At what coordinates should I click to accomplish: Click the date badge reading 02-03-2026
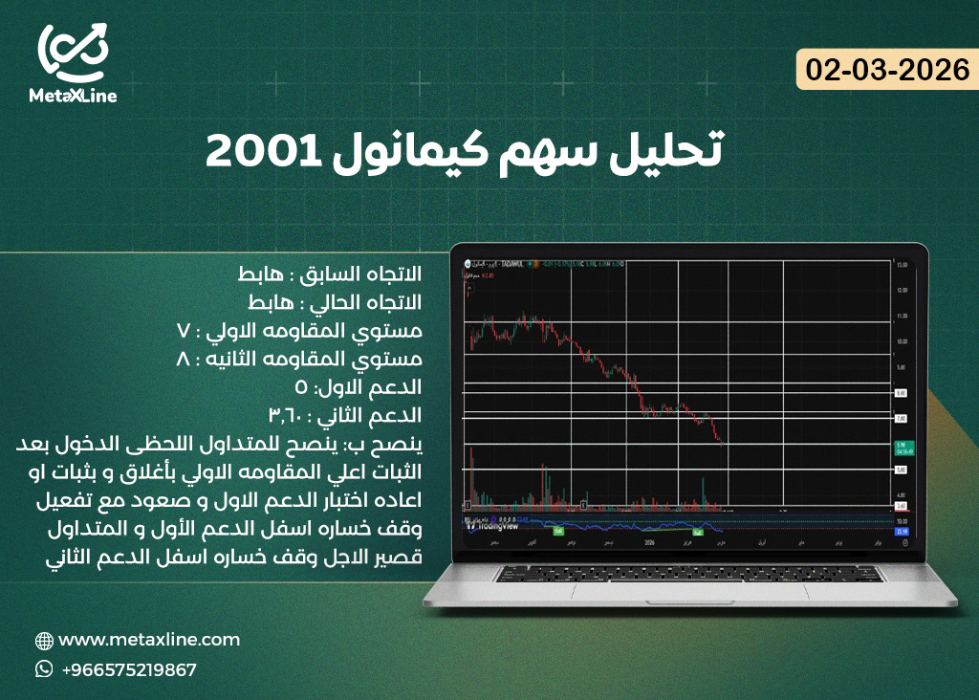click(x=888, y=70)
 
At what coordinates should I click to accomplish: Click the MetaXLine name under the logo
click(x=73, y=96)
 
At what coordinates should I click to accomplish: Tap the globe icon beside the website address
click(x=44, y=641)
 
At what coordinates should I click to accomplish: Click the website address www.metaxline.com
click(x=149, y=640)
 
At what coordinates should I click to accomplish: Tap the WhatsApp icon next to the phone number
click(x=44, y=669)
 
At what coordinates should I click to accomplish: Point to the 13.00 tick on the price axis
click(x=900, y=265)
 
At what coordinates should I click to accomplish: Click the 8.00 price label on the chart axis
click(x=900, y=393)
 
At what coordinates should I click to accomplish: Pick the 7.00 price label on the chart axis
click(x=900, y=419)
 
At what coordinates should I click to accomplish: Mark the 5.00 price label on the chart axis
click(x=900, y=470)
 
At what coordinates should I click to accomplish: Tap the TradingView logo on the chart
click(x=493, y=524)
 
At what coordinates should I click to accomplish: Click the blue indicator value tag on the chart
click(x=900, y=530)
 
